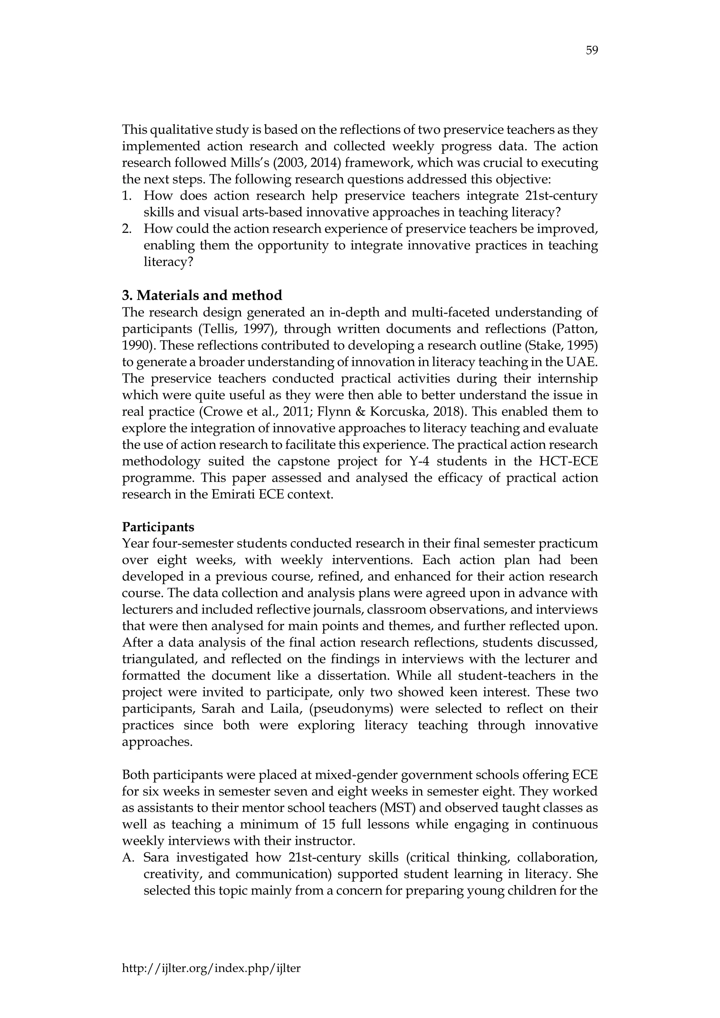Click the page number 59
coord(592,51)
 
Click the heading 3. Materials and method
coord(202,295)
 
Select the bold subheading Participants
coord(158,527)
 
